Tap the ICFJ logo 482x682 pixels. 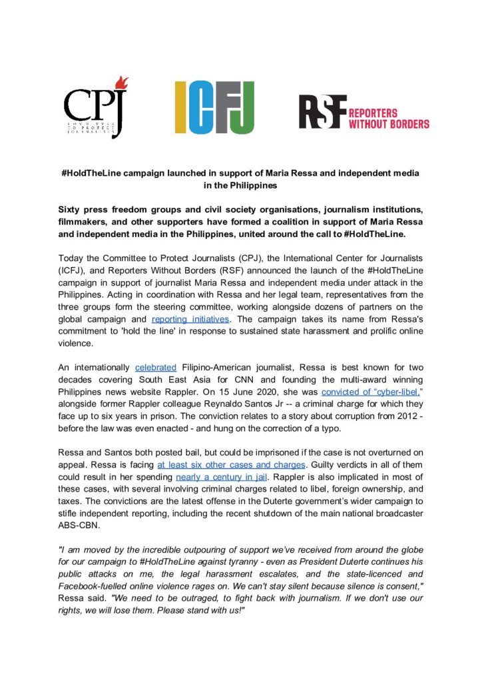(x=215, y=107)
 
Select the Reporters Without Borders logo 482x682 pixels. (x=363, y=112)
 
